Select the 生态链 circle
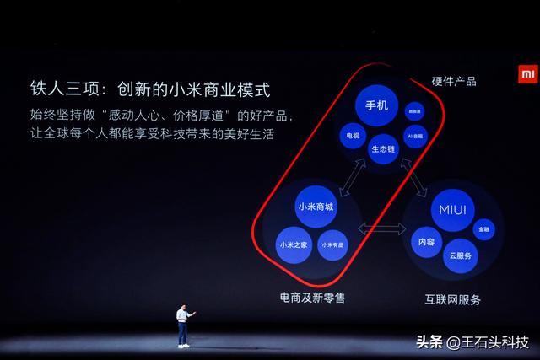click(383, 148)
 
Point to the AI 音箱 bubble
click(414, 135)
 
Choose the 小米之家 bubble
click(291, 245)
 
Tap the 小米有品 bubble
click(332, 244)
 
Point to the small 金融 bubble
click(483, 228)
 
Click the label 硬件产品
click(454, 81)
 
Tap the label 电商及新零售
click(312, 298)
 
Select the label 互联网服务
click(452, 299)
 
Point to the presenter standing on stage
click(183, 325)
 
